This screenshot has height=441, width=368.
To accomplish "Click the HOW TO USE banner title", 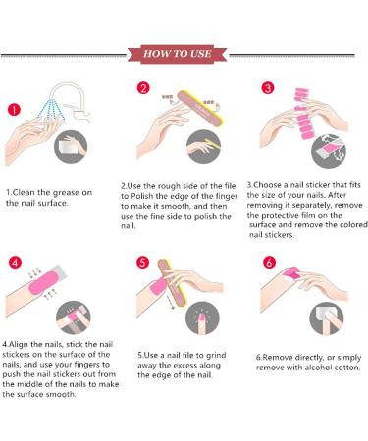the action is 177,54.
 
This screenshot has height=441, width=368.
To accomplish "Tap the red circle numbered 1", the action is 14,109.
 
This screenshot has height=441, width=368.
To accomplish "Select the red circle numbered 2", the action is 143,88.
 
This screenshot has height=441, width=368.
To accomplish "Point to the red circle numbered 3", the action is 268,88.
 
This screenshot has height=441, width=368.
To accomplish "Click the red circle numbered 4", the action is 15,263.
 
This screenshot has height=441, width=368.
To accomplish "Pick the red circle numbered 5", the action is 142,263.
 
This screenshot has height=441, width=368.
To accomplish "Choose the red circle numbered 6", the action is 269,262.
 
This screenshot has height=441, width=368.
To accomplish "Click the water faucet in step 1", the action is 72,100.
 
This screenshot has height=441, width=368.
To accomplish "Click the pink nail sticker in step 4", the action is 43,282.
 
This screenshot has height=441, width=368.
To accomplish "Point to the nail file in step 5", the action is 172,282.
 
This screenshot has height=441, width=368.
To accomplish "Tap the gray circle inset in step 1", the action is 71,147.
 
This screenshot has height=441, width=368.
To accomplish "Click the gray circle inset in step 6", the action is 326,318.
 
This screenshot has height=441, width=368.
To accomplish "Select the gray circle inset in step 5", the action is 202,318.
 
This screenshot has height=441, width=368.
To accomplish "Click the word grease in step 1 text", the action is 66,193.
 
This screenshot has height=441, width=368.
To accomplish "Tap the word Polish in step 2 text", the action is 141,196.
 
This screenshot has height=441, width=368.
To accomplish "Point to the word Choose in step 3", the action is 268,185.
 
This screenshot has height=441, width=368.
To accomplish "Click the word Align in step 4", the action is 19,344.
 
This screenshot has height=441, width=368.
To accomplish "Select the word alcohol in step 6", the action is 319,367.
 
